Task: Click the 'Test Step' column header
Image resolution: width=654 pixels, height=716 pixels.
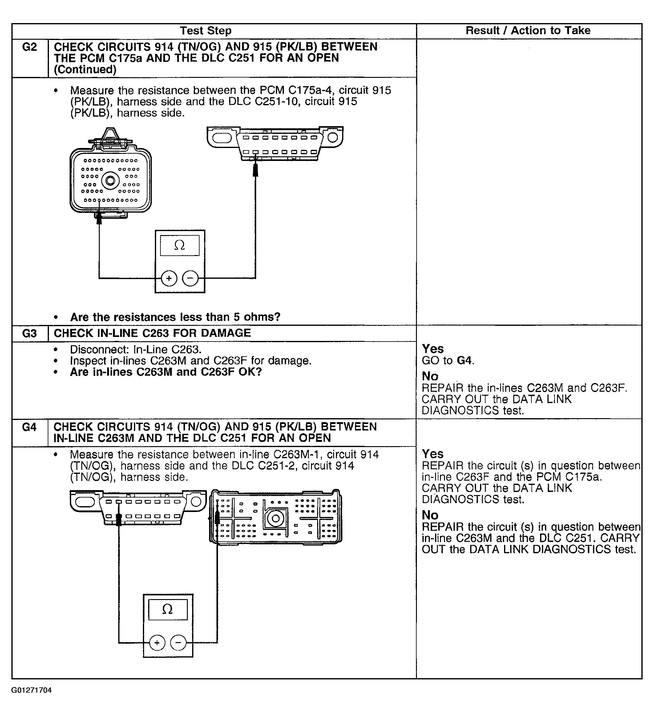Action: (x=205, y=31)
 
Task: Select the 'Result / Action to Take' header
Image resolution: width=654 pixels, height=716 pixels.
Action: (x=528, y=31)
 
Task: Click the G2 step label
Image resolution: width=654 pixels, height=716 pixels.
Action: (x=30, y=47)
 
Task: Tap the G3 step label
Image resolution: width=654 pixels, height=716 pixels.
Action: (x=30, y=334)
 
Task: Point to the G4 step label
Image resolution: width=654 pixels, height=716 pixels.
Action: (x=30, y=427)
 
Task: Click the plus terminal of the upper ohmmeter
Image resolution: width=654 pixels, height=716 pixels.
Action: (x=169, y=278)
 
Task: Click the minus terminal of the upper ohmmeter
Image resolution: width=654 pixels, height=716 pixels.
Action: (x=191, y=278)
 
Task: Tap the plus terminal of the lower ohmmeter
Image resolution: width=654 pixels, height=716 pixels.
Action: (x=157, y=643)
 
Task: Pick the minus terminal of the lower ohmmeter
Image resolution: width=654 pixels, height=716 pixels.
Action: (x=178, y=643)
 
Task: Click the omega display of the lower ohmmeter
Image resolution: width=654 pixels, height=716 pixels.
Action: (x=168, y=610)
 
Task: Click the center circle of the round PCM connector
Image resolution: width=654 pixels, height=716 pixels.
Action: (x=110, y=181)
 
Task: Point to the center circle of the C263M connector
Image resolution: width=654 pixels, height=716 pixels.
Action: (x=275, y=519)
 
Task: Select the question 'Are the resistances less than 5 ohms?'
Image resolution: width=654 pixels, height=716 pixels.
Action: (x=175, y=317)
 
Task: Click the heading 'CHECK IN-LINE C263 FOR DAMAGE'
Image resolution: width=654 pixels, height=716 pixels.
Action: (x=152, y=333)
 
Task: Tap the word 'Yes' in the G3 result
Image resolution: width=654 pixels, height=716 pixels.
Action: (x=433, y=349)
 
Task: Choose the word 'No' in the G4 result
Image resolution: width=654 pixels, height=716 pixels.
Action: (x=430, y=515)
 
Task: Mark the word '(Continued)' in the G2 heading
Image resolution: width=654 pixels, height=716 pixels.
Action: (x=85, y=70)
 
